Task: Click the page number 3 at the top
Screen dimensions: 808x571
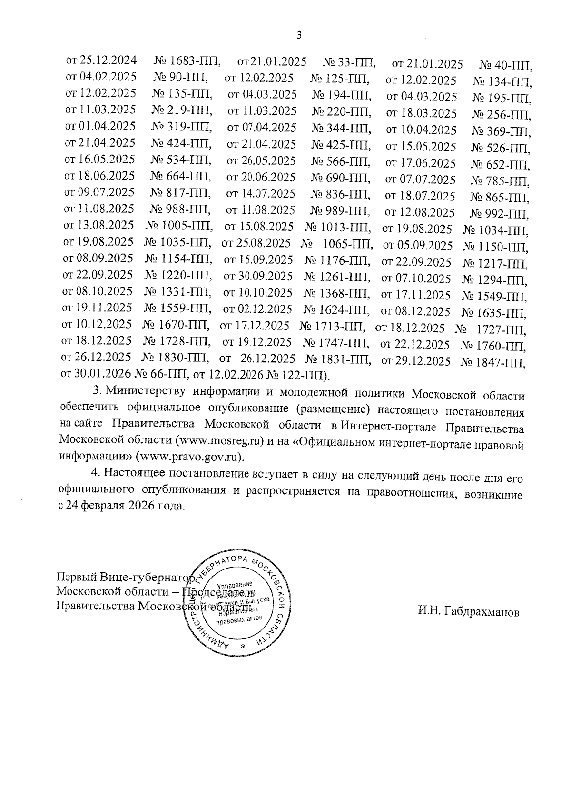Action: click(x=299, y=35)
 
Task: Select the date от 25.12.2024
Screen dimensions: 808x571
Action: click(x=101, y=60)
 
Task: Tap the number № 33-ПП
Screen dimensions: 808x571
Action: click(x=349, y=62)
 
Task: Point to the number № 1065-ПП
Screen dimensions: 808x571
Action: click(x=336, y=245)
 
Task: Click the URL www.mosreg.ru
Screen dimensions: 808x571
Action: click(x=220, y=440)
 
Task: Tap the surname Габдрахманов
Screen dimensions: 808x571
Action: click(x=469, y=612)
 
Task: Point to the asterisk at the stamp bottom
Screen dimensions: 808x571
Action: click(x=243, y=646)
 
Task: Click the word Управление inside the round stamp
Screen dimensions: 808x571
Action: click(x=234, y=584)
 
